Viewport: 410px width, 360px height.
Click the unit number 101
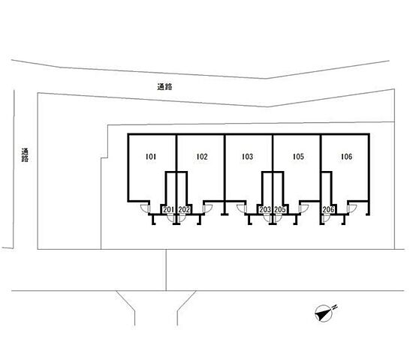click(151, 157)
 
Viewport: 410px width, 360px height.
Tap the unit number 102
click(202, 157)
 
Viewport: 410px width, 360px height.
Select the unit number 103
click(247, 157)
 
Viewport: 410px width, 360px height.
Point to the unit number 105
click(298, 157)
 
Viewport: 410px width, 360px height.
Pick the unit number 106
click(347, 157)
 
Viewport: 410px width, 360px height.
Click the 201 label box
click(169, 209)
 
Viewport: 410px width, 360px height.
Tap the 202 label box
click(184, 209)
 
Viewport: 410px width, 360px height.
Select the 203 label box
click(265, 209)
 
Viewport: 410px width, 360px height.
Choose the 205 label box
click(280, 209)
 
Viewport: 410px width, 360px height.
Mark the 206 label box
click(328, 209)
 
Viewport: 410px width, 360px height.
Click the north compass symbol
click(324, 313)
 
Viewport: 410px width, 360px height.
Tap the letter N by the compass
click(335, 307)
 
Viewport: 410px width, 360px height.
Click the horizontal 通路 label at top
click(164, 87)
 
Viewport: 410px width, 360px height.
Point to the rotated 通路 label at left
click(26, 155)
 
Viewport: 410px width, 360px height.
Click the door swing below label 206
click(327, 219)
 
